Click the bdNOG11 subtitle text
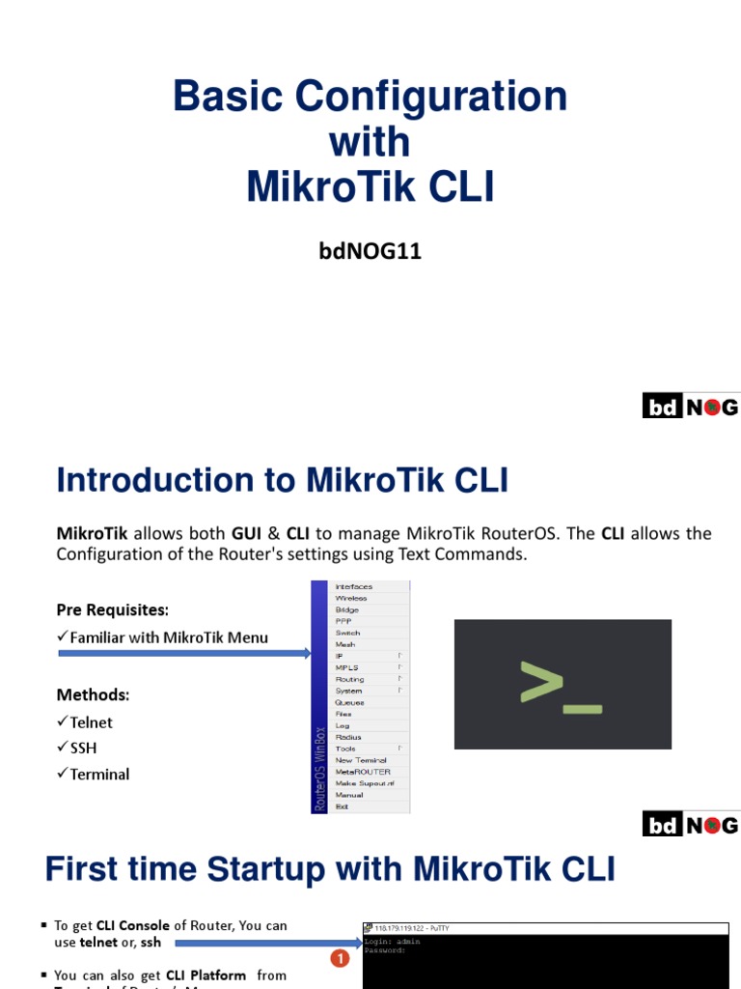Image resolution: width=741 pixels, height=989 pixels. tap(370, 252)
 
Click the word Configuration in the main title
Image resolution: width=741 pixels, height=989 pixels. tap(431, 97)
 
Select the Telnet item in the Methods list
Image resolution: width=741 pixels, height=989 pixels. tap(91, 722)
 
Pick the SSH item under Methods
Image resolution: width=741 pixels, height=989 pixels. tap(83, 748)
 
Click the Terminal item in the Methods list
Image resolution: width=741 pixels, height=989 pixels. tap(99, 774)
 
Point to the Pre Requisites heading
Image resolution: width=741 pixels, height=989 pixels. tap(112, 610)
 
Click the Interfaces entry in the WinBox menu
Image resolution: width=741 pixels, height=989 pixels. tap(353, 586)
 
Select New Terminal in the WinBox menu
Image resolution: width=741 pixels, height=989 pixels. tap(361, 760)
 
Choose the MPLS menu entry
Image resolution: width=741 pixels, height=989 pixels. tap(346, 667)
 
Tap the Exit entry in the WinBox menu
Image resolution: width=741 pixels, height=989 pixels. tap(343, 806)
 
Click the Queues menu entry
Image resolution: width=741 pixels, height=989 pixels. tap(349, 702)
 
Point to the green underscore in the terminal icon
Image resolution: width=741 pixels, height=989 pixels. tap(583, 708)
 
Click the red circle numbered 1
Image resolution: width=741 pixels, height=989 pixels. tap(339, 959)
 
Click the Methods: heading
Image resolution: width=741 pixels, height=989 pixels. tap(94, 695)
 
